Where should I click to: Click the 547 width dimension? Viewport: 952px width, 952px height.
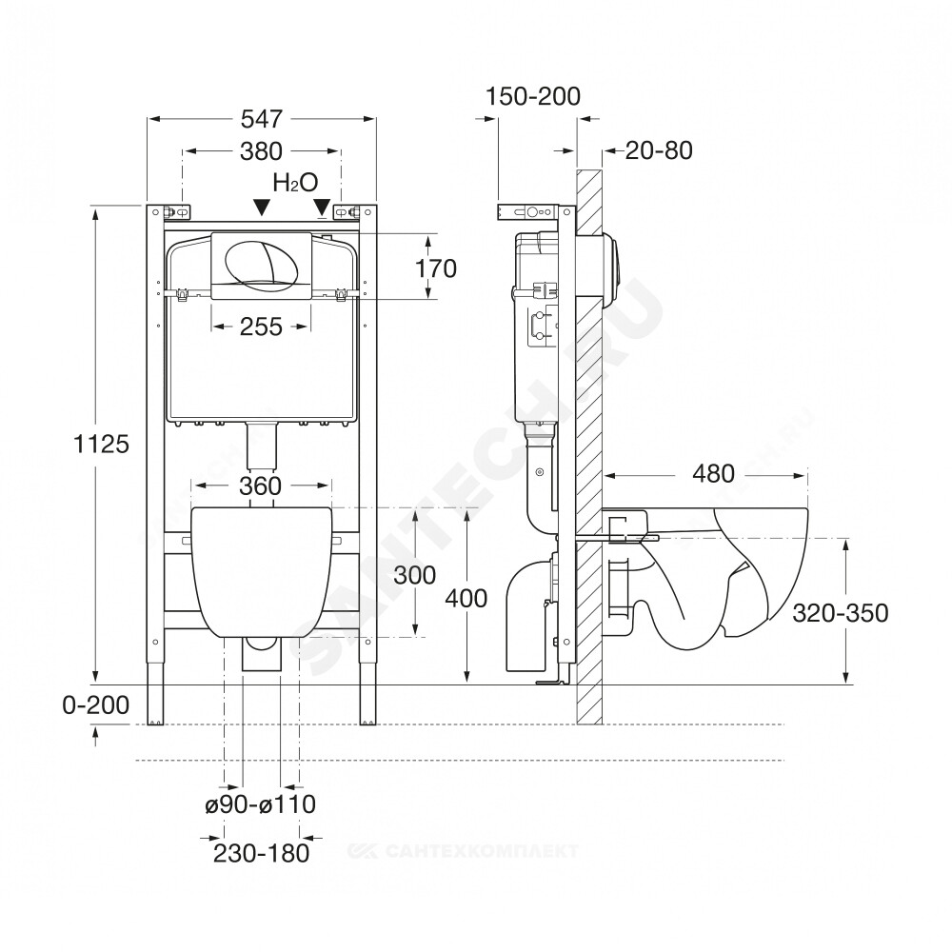click(262, 119)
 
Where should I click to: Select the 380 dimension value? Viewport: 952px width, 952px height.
click(261, 151)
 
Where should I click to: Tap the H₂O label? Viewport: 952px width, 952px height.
click(296, 182)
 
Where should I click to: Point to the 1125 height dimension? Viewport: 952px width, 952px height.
click(102, 445)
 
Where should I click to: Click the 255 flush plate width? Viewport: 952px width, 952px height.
click(261, 327)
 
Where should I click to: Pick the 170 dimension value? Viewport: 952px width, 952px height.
click(435, 268)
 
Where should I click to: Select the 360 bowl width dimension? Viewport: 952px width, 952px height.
click(261, 486)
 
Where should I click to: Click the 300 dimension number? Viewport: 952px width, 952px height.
click(415, 575)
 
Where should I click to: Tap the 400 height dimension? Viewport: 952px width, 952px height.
click(466, 599)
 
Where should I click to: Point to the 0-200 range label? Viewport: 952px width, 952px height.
click(96, 705)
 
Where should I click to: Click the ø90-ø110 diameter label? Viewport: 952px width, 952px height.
click(261, 804)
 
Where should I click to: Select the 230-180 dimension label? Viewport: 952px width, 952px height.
click(261, 853)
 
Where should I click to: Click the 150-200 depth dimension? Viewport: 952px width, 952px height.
click(534, 96)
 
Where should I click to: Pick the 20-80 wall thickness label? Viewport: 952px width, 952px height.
click(659, 150)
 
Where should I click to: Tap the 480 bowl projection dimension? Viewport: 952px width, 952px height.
click(713, 473)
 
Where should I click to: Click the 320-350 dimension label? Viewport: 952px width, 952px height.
click(841, 613)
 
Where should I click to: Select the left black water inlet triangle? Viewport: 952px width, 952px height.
click(261, 207)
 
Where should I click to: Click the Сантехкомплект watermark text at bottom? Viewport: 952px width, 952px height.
click(463, 850)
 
